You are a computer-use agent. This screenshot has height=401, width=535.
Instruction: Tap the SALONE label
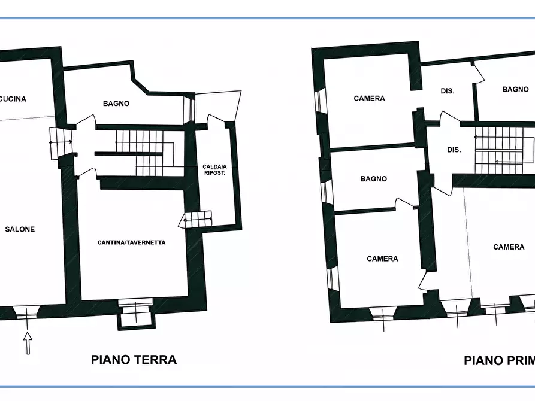point(20,229)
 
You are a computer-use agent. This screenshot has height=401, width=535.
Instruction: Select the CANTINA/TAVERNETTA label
point(131,242)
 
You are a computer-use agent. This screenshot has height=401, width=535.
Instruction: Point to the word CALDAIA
point(215,166)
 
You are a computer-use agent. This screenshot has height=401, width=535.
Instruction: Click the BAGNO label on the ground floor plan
point(116,104)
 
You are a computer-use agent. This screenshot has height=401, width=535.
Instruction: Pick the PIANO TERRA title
point(134,360)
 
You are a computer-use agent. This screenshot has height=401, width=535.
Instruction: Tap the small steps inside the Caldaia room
point(197,220)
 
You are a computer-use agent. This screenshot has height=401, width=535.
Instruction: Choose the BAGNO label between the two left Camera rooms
point(373,179)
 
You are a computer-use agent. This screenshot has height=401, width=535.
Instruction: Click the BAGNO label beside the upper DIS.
point(515,89)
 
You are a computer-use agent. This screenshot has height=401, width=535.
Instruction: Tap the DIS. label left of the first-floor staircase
point(454,150)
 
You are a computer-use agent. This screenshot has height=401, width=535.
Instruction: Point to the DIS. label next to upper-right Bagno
point(447,92)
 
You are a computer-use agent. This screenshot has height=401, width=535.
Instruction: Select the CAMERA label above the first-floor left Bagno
point(369,98)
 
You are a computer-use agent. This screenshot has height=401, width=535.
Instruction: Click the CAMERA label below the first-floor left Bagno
point(382,259)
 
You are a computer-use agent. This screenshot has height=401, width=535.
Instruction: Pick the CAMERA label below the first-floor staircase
point(509,247)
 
